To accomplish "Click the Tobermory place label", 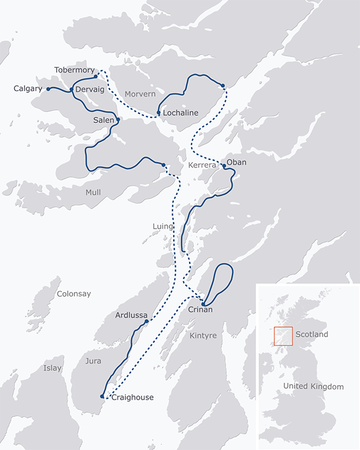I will point(74,70).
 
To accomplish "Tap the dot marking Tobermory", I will point(95,76).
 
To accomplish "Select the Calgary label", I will point(28,89).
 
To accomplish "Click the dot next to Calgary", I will point(48,89).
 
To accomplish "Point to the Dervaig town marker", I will point(71,90).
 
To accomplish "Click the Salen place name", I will point(103,121).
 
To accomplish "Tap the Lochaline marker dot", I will point(158,113).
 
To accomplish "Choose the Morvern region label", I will point(140,94).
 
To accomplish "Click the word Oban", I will point(236,162).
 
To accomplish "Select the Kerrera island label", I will point(202,164).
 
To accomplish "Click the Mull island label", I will point(93,193).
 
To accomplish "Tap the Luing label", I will point(163,227).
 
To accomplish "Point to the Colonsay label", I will point(74,294).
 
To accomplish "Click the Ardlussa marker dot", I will point(146,322).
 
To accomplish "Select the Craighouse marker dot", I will point(102,396).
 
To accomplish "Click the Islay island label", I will point(52,368).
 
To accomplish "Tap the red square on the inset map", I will point(283,336).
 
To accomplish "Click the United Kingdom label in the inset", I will point(314,386).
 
